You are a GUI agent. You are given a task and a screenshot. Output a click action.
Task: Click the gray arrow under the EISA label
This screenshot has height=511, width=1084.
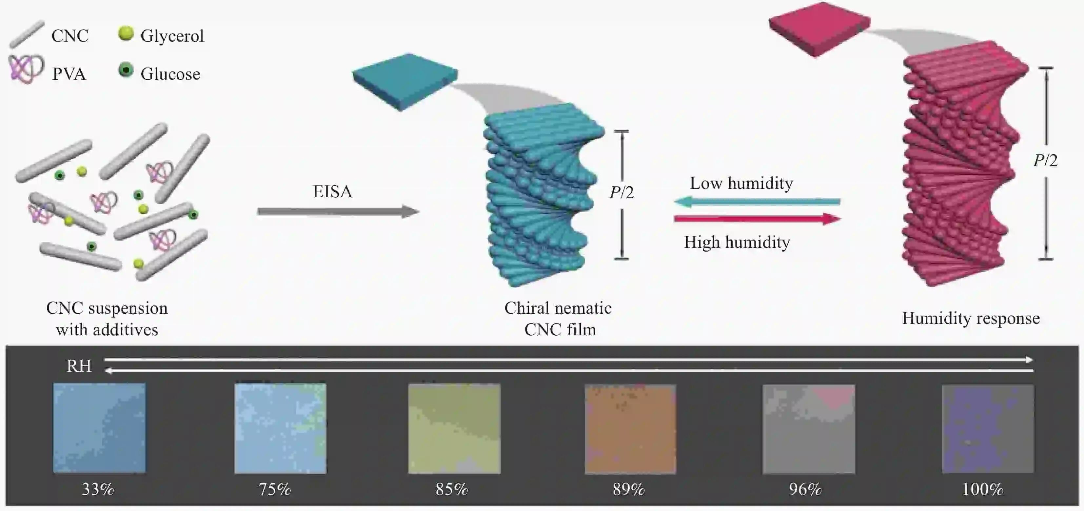338,211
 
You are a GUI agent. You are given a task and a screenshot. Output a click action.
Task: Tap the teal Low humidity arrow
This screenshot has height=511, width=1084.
757,202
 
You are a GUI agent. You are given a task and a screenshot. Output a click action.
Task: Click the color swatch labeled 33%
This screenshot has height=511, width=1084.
99,428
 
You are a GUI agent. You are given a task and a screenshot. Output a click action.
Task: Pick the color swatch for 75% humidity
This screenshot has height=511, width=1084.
280,428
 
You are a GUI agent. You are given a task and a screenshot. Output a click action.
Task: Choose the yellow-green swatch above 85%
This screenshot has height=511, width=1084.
454,428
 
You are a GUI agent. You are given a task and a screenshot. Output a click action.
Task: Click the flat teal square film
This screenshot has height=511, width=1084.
405,82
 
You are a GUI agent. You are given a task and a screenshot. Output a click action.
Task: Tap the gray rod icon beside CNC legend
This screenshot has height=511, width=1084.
27,34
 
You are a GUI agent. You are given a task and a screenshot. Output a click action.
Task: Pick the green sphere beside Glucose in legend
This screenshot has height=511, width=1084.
126,70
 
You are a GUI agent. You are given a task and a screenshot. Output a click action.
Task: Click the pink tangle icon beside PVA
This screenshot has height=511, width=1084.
26,69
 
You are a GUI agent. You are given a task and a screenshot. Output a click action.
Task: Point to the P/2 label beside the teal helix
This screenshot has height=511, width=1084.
621,192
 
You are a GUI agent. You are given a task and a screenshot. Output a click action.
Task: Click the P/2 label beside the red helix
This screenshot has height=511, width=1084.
1045,160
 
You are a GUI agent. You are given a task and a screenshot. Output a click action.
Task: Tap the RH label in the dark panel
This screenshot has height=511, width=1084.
79,366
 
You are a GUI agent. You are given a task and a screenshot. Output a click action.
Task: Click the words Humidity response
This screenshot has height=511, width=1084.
971,318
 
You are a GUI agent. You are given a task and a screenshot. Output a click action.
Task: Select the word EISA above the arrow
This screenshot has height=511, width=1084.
332,191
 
